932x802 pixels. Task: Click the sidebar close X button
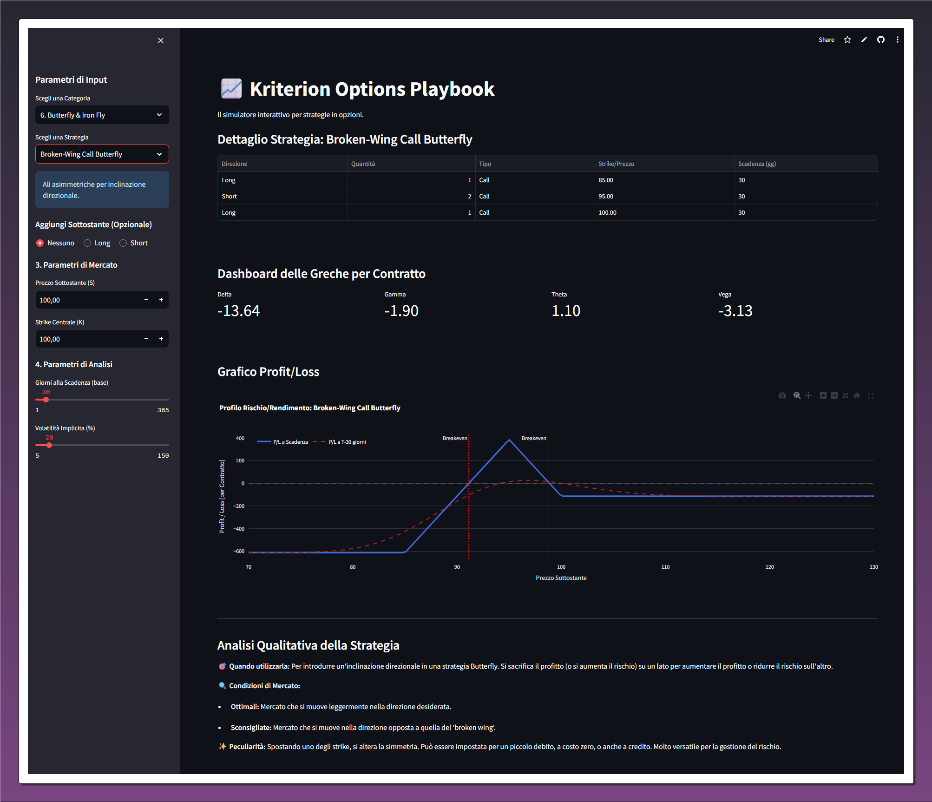pyautogui.click(x=161, y=40)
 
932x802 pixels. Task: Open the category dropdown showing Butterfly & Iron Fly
pyautogui.click(x=102, y=115)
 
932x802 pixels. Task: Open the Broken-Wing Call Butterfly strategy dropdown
pyautogui.click(x=102, y=154)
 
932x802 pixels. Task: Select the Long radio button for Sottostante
pyautogui.click(x=87, y=243)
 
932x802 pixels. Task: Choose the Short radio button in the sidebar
pyautogui.click(x=123, y=243)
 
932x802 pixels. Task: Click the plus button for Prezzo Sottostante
pyautogui.click(x=161, y=300)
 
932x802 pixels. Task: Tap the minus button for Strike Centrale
pyautogui.click(x=146, y=339)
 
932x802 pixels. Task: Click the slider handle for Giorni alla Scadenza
pyautogui.click(x=46, y=400)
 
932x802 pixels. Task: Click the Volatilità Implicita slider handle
pyautogui.click(x=49, y=445)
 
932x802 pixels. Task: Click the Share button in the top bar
pyautogui.click(x=826, y=40)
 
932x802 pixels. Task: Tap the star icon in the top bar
pyautogui.click(x=847, y=40)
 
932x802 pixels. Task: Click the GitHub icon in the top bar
pyautogui.click(x=881, y=40)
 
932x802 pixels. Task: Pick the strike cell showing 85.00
pyautogui.click(x=606, y=180)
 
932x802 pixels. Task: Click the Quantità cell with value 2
pyautogui.click(x=469, y=197)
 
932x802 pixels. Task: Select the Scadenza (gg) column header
pyautogui.click(x=757, y=164)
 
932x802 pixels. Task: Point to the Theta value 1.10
pyautogui.click(x=566, y=311)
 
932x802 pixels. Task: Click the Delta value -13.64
pyautogui.click(x=239, y=311)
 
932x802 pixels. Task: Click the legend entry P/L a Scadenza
pyautogui.click(x=290, y=442)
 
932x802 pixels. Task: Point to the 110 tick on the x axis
pyautogui.click(x=665, y=567)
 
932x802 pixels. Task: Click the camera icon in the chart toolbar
pyautogui.click(x=782, y=395)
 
